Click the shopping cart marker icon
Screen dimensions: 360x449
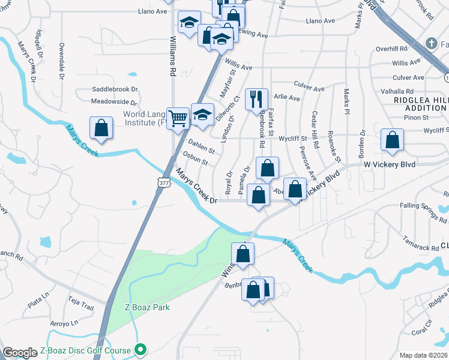[x=178, y=118]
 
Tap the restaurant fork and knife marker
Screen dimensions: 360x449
[x=256, y=98]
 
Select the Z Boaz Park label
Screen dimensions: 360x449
[x=147, y=307]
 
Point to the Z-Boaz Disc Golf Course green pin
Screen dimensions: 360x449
[x=140, y=349]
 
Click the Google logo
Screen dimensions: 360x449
[x=20, y=353]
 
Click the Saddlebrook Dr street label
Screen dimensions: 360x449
[x=115, y=89]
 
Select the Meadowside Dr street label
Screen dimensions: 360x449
[x=115, y=103]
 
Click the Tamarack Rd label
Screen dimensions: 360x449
[x=420, y=247]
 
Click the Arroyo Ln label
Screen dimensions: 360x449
[x=62, y=323]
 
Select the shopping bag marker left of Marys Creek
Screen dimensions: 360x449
[x=101, y=128]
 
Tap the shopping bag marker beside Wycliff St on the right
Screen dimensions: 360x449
[x=392, y=140]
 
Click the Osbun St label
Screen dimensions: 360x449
[x=195, y=162]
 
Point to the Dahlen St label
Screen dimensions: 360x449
[x=200, y=146]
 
